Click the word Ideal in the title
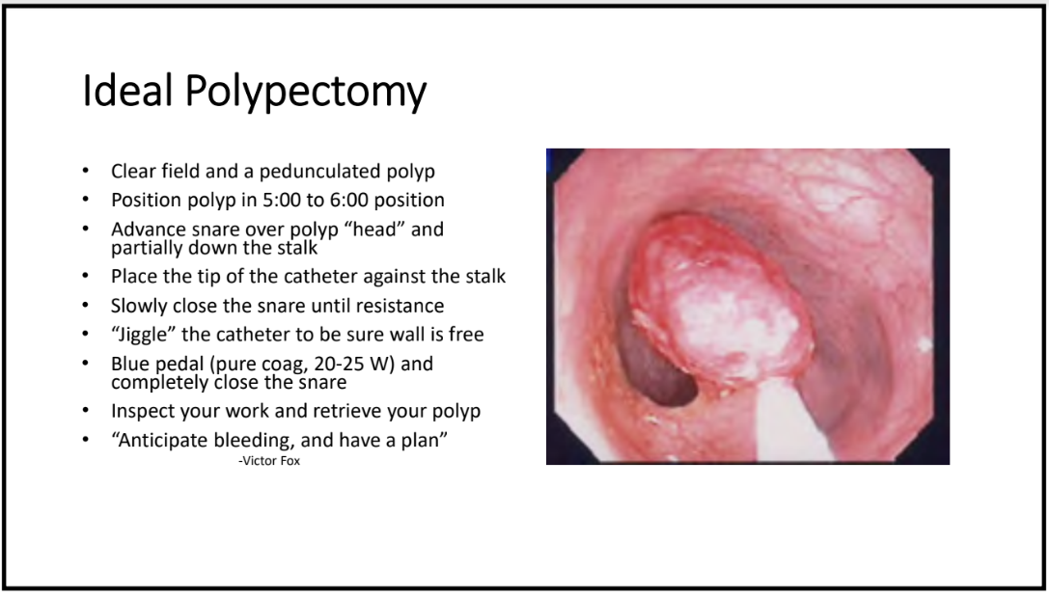tap(127, 91)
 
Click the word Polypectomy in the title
tap(306, 93)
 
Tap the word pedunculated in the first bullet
tap(319, 172)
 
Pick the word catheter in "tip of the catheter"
tap(324, 276)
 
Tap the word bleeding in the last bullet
tap(252, 441)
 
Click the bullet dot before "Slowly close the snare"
tap(85, 306)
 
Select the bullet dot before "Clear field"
tap(85, 171)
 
